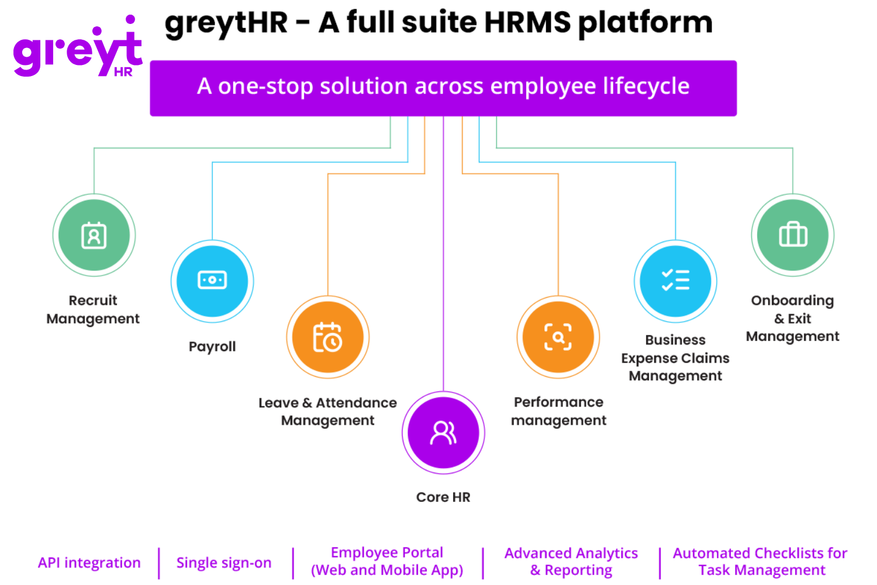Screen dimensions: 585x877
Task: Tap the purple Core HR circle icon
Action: click(x=443, y=433)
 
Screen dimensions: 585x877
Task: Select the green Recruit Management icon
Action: click(x=94, y=235)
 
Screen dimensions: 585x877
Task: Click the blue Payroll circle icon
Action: click(x=212, y=281)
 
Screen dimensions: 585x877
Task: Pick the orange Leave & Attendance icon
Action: click(x=327, y=338)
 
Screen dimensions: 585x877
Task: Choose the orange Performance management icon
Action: click(x=558, y=337)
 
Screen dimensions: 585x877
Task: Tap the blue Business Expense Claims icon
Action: click(x=675, y=281)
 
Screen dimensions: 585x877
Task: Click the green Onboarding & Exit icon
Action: click(x=793, y=235)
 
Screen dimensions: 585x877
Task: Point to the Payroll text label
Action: click(x=212, y=346)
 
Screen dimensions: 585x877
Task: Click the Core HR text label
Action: click(x=443, y=497)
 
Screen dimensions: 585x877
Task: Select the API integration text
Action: click(x=89, y=563)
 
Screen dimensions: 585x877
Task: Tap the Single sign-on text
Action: click(x=224, y=563)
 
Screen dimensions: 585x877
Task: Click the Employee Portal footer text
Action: click(x=387, y=562)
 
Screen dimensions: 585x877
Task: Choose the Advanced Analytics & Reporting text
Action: click(x=571, y=562)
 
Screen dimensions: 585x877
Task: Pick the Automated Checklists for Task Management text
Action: click(x=760, y=562)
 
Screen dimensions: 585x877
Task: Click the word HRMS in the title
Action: click(x=527, y=23)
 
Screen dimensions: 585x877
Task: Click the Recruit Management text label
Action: click(x=93, y=309)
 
